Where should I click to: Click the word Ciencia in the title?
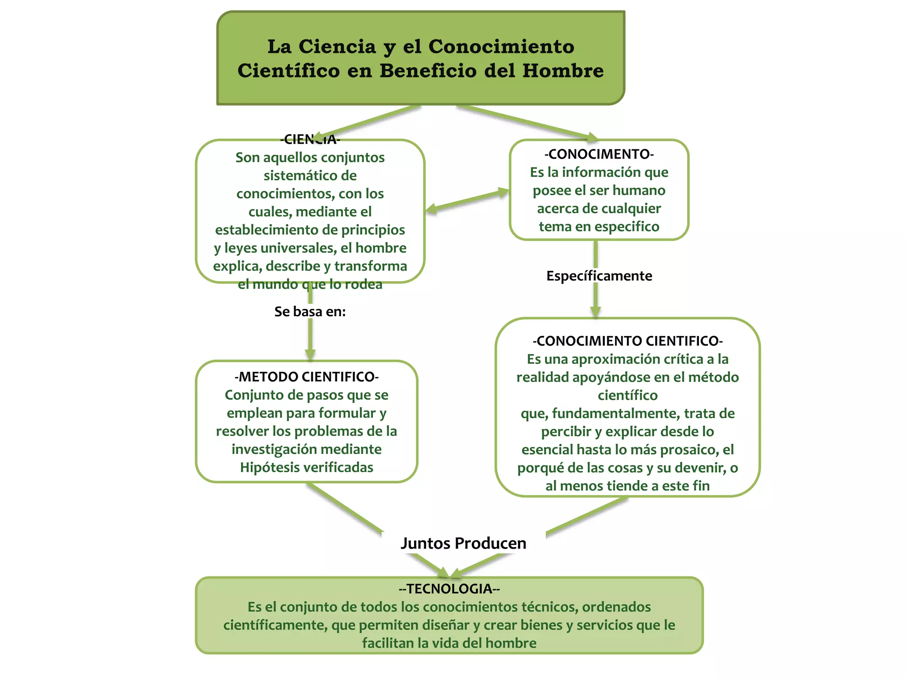point(337,47)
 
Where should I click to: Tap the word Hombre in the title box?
point(563,71)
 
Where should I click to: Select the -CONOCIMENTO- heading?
point(599,154)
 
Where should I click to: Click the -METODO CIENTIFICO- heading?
point(306,377)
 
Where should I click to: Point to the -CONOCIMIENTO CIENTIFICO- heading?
point(627,341)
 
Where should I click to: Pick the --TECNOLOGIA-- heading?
point(449,589)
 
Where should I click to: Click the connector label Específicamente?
point(599,276)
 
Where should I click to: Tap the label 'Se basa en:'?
point(310,312)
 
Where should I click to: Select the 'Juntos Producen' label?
point(463,543)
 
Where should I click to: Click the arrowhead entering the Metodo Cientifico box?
point(310,355)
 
